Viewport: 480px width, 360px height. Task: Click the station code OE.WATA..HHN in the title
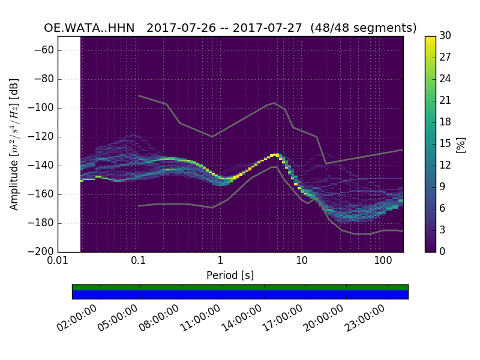pyautogui.click(x=89, y=28)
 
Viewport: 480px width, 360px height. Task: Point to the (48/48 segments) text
pyautogui.click(x=367, y=28)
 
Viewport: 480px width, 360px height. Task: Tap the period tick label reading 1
pyautogui.click(x=220, y=262)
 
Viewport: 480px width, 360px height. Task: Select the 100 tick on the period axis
pyautogui.click(x=383, y=262)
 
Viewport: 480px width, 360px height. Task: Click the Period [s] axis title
pyautogui.click(x=230, y=275)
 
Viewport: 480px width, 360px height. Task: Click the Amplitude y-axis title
pyautogui.click(x=14, y=144)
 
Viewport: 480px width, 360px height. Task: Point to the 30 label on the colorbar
pyautogui.click(x=445, y=36)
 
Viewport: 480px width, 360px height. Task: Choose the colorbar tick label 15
pyautogui.click(x=445, y=144)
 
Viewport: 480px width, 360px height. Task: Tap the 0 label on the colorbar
pyautogui.click(x=443, y=252)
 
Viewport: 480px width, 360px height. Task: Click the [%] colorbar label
pyautogui.click(x=461, y=144)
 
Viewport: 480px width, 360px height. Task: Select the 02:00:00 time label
pyautogui.click(x=78, y=318)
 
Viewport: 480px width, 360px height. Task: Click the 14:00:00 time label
pyautogui.click(x=242, y=318)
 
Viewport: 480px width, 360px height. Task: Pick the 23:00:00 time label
pyautogui.click(x=365, y=318)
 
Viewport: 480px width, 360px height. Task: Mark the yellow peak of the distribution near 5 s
pyautogui.click(x=274, y=155)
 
